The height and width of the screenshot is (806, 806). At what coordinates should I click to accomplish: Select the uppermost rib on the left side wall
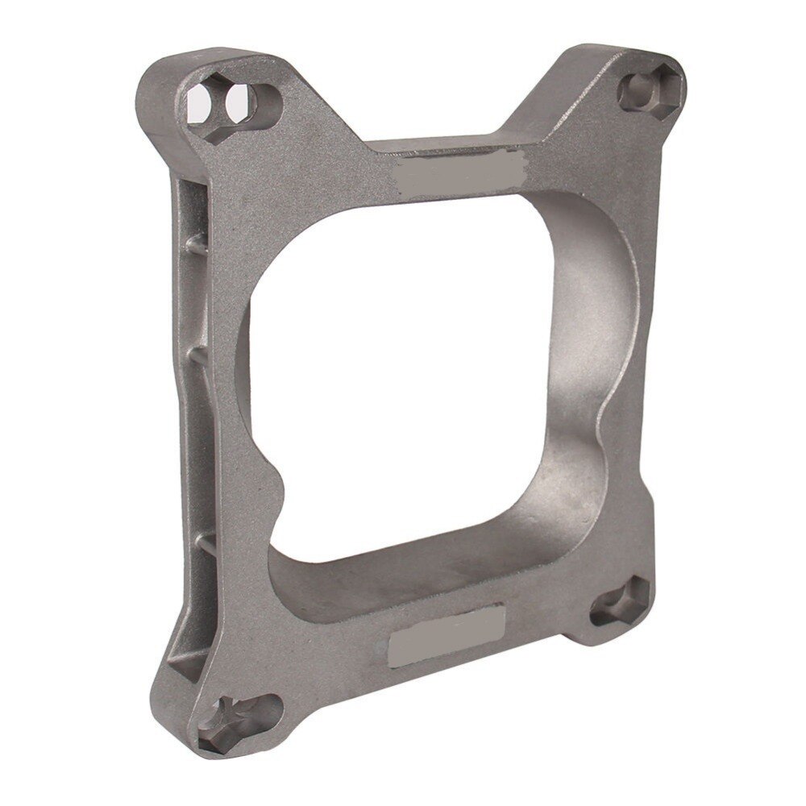click(x=195, y=242)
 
